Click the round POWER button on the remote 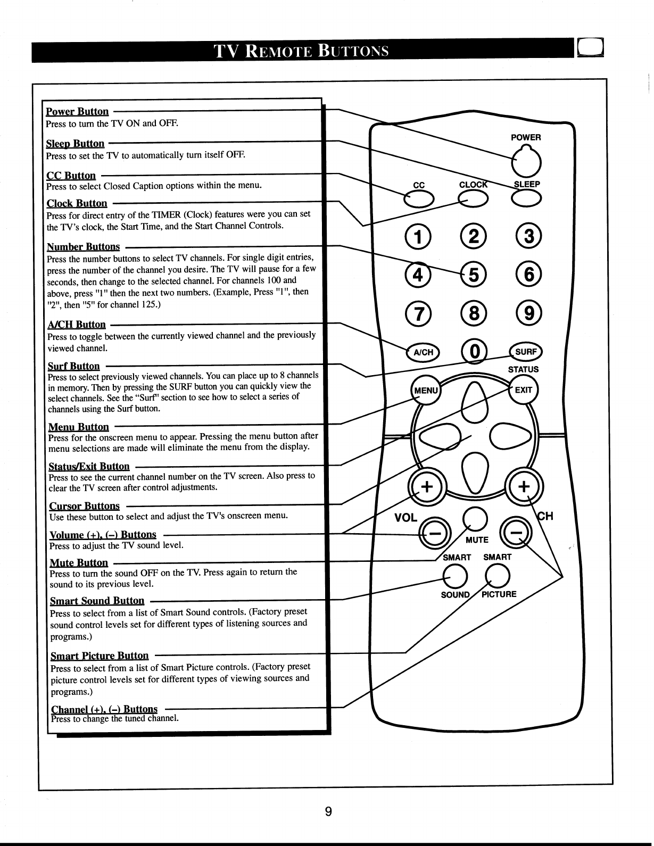click(526, 162)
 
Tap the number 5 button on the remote click(474, 274)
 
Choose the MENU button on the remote click(426, 391)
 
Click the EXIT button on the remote click(523, 389)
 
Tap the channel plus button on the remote click(524, 486)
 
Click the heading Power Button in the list click(77, 112)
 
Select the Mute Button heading click(79, 563)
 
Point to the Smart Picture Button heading click(100, 656)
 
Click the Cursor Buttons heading click(84, 505)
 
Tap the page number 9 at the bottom click(328, 811)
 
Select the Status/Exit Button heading click(89, 466)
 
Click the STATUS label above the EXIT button click(523, 369)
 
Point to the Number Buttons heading click(84, 246)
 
